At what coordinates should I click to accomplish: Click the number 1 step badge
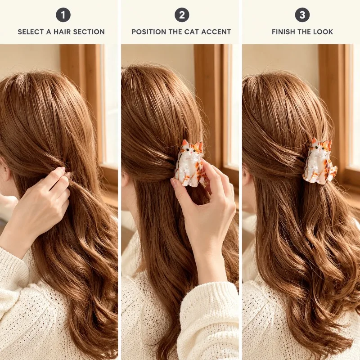pyautogui.click(x=63, y=15)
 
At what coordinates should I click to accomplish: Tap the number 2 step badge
pyautogui.click(x=182, y=15)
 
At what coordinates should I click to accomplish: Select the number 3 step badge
pyautogui.click(x=302, y=15)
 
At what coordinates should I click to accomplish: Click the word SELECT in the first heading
pyautogui.click(x=31, y=31)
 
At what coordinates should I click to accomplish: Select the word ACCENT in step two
pyautogui.click(x=217, y=31)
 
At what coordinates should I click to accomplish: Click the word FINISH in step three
pyautogui.click(x=283, y=31)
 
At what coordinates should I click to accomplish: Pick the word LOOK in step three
pyautogui.click(x=324, y=31)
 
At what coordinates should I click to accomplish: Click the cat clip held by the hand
pyautogui.click(x=189, y=162)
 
